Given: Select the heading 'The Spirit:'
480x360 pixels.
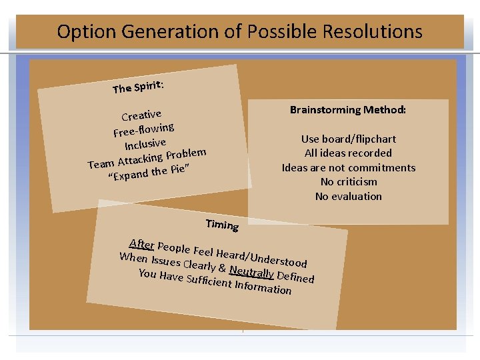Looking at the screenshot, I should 138,87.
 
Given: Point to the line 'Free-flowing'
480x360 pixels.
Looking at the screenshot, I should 144,128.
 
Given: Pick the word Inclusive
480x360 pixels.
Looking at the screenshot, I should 145,143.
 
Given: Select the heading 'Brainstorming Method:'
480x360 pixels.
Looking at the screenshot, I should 348,109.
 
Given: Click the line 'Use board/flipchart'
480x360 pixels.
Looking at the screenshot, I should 348,139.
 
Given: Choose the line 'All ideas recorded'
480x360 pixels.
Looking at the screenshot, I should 348,153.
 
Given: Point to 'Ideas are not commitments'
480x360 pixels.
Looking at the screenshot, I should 348,168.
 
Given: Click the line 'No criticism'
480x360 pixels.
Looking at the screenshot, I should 348,182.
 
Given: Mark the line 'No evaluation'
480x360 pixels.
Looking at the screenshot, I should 348,197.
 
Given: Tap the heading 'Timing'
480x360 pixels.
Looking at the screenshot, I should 221,225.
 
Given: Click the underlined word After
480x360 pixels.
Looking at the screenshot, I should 141,243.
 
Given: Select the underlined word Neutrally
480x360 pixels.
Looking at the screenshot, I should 251,271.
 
